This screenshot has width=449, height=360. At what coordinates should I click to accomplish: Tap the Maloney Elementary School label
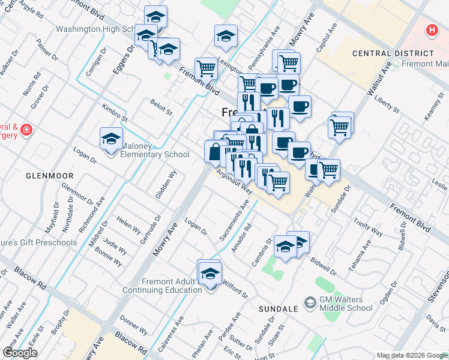pos(155,150)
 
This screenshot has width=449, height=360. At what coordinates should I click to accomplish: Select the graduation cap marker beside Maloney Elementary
pos(111,139)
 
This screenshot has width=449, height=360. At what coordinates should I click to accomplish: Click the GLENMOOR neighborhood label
pos(49,176)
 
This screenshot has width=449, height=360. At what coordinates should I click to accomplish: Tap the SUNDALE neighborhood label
pos(278,308)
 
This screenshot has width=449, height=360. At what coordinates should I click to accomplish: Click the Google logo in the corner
pos(20,353)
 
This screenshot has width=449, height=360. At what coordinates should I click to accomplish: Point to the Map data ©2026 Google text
pos(412,355)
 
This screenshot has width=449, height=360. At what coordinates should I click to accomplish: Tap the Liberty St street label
pos(387,103)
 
